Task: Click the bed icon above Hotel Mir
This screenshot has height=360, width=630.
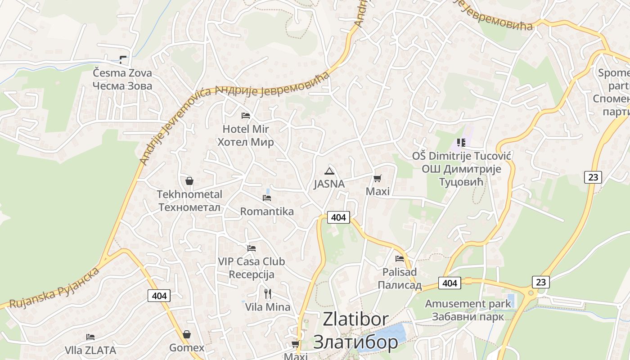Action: pos(245,116)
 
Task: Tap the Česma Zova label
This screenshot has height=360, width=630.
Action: pos(122,73)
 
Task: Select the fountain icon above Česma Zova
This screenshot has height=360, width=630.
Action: pos(123,59)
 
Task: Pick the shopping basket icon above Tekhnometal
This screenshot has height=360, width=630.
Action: pos(189,181)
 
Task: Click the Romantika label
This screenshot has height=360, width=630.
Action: pos(267,211)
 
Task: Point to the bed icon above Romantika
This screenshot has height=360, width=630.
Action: pos(267,198)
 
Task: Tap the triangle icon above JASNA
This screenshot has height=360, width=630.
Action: pos(329,171)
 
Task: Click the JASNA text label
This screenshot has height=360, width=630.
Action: pos(329,184)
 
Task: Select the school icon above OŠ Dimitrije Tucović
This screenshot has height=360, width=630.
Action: pos(461,143)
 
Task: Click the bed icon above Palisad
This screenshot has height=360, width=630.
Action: pos(399,258)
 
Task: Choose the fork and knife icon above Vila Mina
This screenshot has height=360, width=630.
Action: pos(268,294)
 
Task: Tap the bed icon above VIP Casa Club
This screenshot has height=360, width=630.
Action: pos(251,248)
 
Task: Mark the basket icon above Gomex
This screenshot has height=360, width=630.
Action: pos(187,334)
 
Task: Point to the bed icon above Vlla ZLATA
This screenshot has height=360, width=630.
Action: pos(90,337)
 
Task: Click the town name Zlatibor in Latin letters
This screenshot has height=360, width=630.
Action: pos(355,319)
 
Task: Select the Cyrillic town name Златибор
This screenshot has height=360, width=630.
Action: pos(355,342)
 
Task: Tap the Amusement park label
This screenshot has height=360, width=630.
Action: pos(468,304)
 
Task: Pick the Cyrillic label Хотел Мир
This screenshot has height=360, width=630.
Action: pos(245,143)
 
